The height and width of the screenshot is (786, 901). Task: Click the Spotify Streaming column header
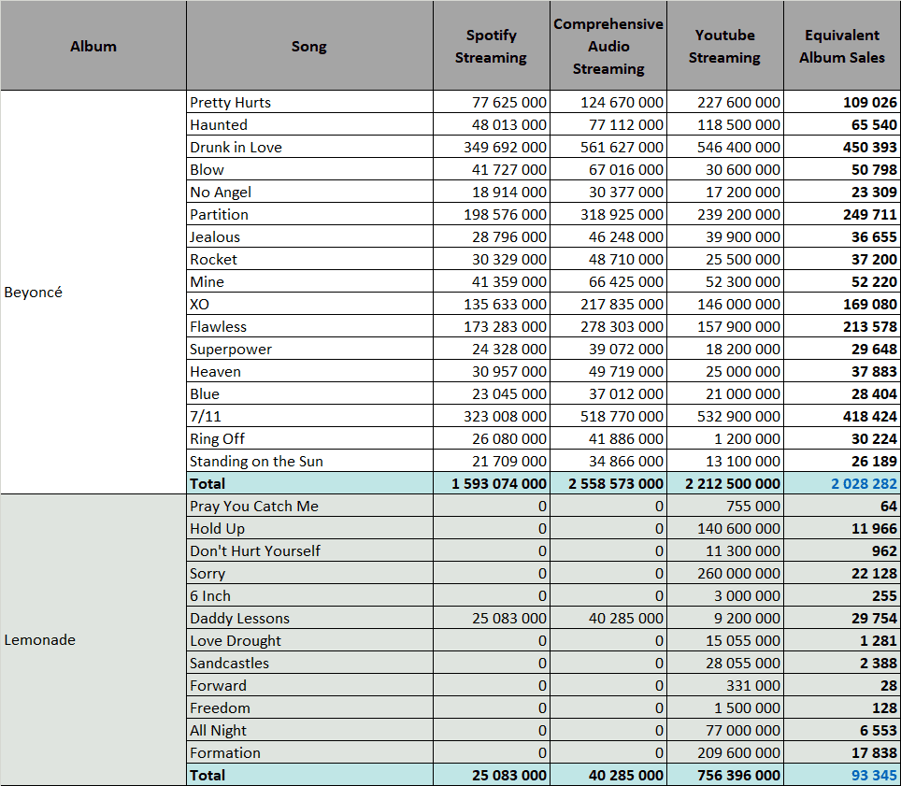[x=491, y=46]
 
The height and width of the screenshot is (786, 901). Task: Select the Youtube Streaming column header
[x=724, y=46]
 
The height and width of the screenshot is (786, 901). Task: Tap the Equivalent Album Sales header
[x=842, y=46]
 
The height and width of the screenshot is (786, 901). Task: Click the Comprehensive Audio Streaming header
[x=608, y=46]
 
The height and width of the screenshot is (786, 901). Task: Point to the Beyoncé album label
[x=33, y=292]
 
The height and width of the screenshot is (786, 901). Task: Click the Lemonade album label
[x=39, y=639]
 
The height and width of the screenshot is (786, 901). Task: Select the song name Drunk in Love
[x=236, y=147]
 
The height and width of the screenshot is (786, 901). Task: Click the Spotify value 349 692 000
[x=505, y=147]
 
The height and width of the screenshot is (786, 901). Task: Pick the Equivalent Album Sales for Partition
[x=870, y=214]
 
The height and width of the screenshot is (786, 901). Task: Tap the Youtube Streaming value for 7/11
[x=738, y=416]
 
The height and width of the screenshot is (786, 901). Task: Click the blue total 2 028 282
[x=864, y=483]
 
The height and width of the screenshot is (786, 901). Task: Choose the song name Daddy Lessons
[x=239, y=618]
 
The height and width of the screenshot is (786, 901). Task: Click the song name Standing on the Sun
[x=256, y=461]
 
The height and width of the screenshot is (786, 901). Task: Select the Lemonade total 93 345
[x=874, y=775]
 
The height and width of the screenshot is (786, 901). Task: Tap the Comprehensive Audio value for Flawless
[x=622, y=326]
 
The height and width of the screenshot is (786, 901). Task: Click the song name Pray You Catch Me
[x=254, y=506]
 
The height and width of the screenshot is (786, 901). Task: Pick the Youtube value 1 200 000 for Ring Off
[x=747, y=438]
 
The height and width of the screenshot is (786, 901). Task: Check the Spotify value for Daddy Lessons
[x=509, y=618]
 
